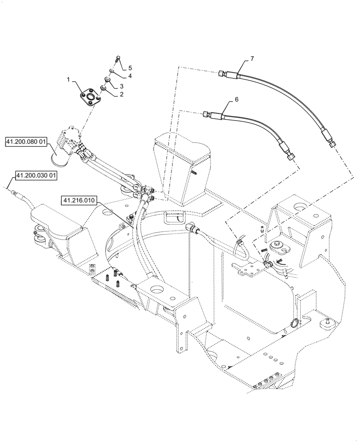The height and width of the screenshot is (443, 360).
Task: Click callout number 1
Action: pos(68,78)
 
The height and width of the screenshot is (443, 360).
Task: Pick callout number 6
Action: pos(236,100)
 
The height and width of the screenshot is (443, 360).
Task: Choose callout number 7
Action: pos(252,58)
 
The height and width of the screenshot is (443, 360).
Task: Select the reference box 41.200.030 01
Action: pos(36,176)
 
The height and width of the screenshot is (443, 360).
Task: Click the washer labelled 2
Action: pos(103,89)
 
